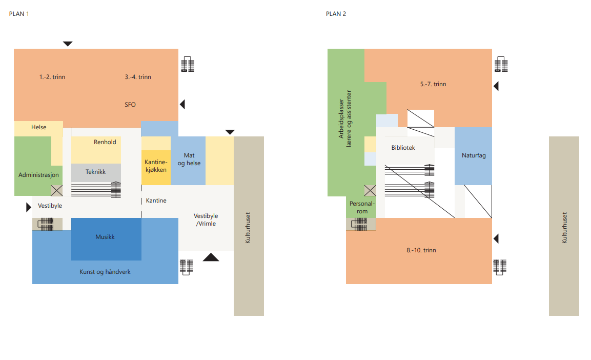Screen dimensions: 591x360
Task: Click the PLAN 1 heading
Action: click(19, 14)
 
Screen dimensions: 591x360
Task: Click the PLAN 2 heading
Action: click(336, 14)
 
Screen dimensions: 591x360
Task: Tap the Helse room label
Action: click(39, 127)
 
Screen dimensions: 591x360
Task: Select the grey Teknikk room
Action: click(96, 173)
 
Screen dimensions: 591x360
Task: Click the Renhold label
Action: click(105, 142)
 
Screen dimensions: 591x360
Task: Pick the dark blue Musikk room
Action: click(106, 239)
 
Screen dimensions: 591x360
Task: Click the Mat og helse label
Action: click(189, 159)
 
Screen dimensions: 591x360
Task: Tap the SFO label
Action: click(130, 105)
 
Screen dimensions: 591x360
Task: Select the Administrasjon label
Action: click(38, 175)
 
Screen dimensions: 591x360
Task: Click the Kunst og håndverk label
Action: click(105, 272)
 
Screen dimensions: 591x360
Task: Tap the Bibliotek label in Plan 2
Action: click(403, 148)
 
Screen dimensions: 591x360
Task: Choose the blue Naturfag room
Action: click(473, 156)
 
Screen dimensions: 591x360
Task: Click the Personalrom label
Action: click(362, 207)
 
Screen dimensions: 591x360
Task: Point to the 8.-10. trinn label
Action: click(421, 250)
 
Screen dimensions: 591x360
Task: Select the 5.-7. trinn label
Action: click(433, 84)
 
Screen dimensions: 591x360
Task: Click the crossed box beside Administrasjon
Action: click(56, 191)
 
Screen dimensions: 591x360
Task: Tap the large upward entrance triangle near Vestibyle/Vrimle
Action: click(211, 257)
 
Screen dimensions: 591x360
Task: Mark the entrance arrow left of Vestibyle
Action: click(29, 207)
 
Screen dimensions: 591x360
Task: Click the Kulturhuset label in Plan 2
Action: click(564, 227)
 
